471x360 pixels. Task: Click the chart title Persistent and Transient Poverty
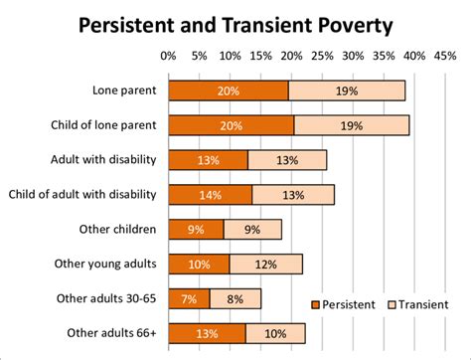click(x=235, y=25)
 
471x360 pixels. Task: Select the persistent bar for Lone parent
click(x=229, y=90)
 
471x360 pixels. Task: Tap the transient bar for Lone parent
click(x=347, y=90)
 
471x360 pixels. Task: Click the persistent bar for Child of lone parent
click(x=231, y=125)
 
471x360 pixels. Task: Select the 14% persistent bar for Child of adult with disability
click(x=210, y=194)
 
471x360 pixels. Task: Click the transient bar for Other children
click(x=252, y=229)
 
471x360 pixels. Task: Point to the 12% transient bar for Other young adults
click(x=265, y=264)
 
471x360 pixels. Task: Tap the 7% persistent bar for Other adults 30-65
click(x=189, y=298)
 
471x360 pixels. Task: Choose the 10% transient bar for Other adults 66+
click(x=275, y=332)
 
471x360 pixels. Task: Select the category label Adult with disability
click(x=102, y=159)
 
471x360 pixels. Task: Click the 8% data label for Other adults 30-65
click(x=235, y=298)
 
